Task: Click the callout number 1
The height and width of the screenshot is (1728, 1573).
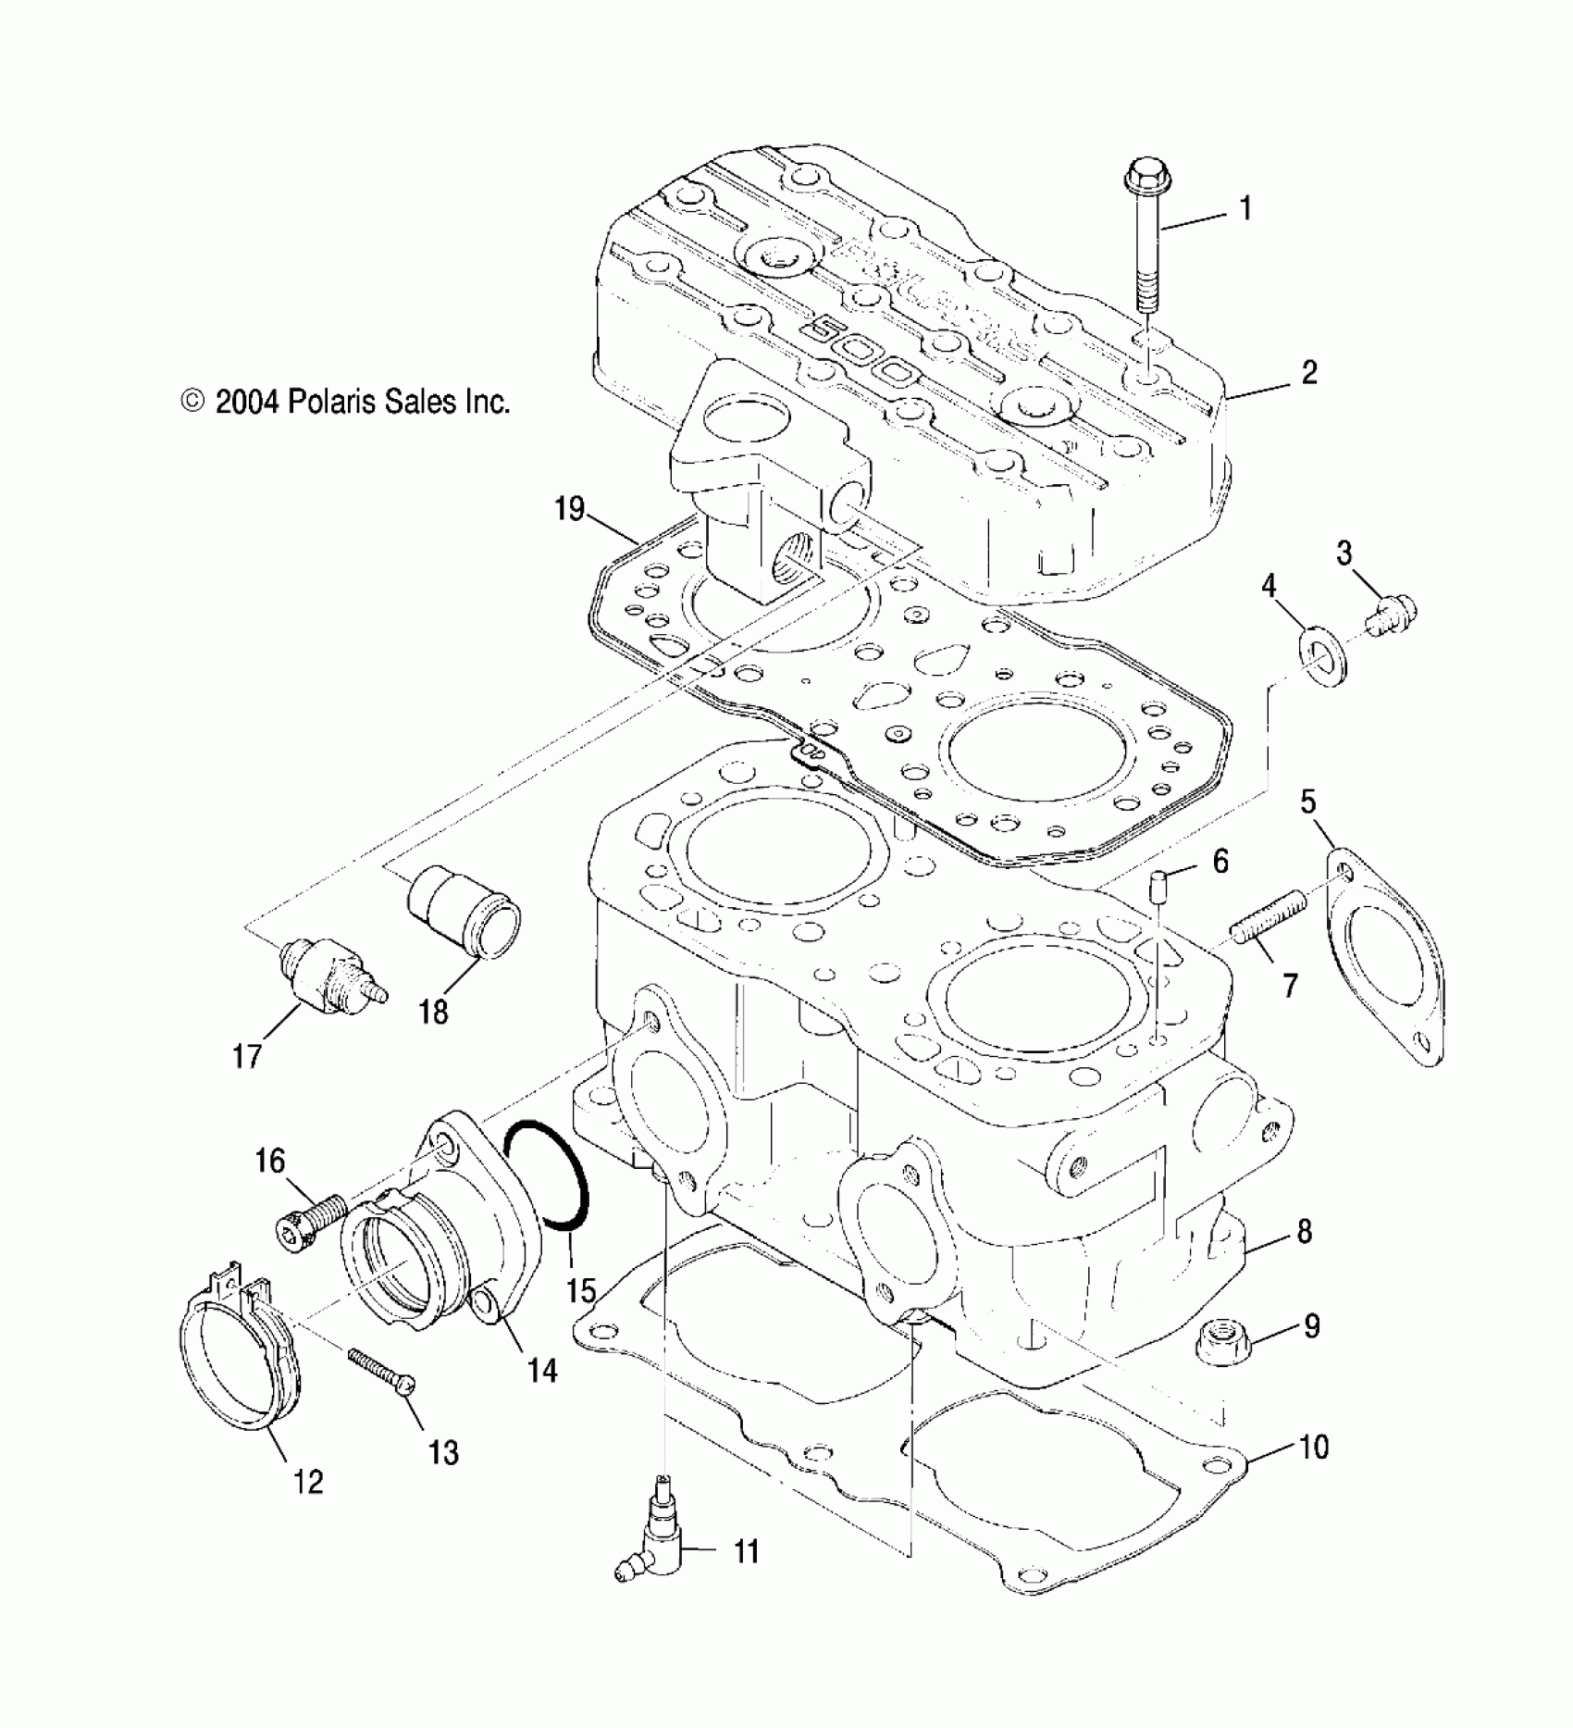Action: [1246, 208]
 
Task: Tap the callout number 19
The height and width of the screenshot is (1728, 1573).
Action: [571, 508]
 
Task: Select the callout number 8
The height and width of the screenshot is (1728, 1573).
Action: [1304, 1232]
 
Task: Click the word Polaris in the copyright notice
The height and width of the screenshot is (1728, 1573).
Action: [331, 402]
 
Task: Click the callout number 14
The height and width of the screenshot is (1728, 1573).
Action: [542, 1395]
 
